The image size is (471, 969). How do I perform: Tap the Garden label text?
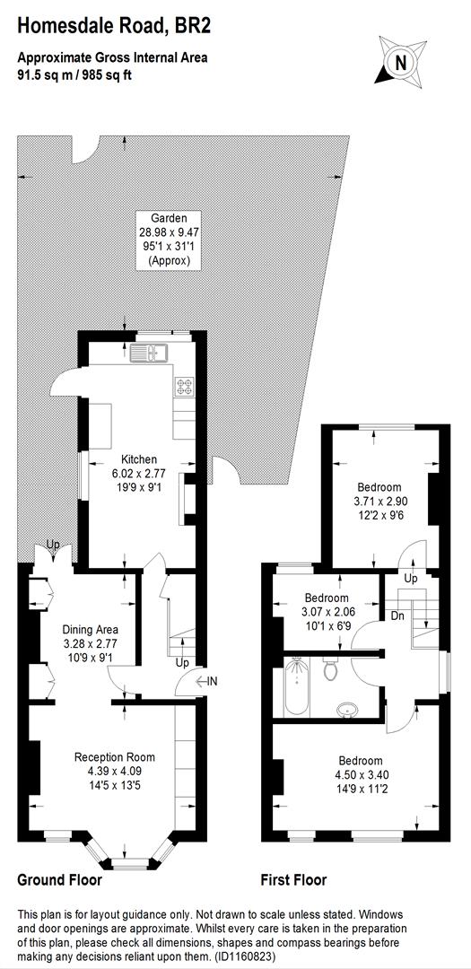tap(169, 218)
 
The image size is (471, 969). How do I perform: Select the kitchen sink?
tap(148, 351)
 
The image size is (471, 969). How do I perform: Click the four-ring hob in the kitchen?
tap(187, 388)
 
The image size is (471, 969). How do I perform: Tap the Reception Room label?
tap(115, 757)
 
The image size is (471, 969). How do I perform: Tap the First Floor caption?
tap(293, 880)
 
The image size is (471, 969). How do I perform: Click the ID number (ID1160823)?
tap(236, 956)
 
